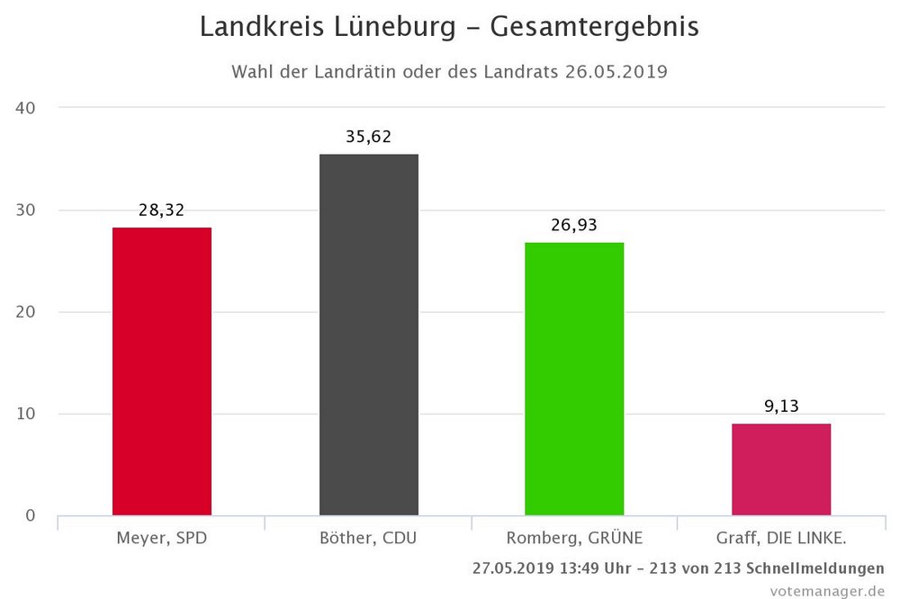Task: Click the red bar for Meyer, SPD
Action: (x=162, y=371)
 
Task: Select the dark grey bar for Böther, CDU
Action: (x=368, y=335)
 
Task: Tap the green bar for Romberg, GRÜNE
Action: (x=574, y=379)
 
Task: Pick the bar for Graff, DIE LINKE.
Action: (x=781, y=469)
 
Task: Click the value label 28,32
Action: (x=162, y=210)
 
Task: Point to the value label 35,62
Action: (x=368, y=138)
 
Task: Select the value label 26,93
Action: (x=574, y=225)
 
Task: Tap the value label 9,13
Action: (x=781, y=406)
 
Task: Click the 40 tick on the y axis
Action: (x=25, y=108)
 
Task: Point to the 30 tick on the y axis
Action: (x=25, y=210)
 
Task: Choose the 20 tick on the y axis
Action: (x=25, y=312)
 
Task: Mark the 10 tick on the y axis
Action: (x=25, y=414)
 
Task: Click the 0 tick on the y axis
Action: (x=30, y=515)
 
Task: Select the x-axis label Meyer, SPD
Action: (x=162, y=539)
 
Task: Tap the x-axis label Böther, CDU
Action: (x=368, y=539)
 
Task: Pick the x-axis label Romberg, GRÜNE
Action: (x=574, y=539)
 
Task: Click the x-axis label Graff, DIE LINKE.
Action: (x=781, y=539)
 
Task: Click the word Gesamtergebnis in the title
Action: (x=594, y=28)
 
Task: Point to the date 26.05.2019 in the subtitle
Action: (x=616, y=72)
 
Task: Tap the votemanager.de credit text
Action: (x=826, y=590)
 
